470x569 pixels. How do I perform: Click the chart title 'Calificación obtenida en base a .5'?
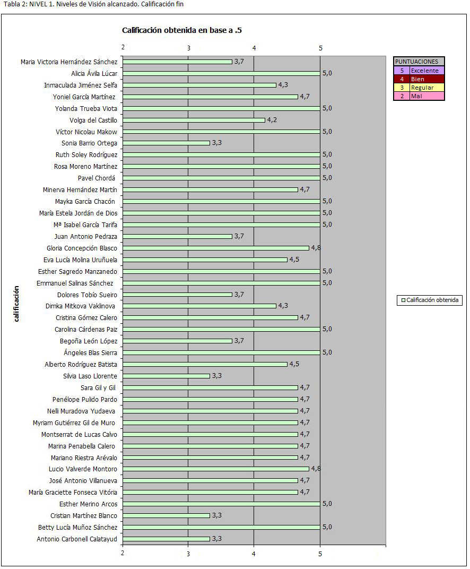(182, 30)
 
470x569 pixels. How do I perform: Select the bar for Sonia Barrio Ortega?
(167, 143)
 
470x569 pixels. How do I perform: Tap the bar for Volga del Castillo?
(194, 120)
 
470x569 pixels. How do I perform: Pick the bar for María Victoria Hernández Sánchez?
(177, 62)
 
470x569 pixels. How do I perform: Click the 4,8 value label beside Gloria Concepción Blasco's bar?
(316, 248)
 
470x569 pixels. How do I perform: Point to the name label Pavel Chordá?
(97, 178)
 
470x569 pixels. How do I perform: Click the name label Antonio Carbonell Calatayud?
(77, 539)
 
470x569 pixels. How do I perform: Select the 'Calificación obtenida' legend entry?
(430, 300)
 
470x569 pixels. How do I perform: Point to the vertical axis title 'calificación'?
(17, 304)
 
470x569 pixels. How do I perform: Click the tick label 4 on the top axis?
(254, 48)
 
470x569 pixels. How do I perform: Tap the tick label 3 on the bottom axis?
(188, 554)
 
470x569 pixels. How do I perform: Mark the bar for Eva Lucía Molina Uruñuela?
(205, 260)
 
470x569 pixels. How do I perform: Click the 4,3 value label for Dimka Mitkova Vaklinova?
(283, 306)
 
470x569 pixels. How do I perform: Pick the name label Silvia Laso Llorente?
(90, 376)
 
